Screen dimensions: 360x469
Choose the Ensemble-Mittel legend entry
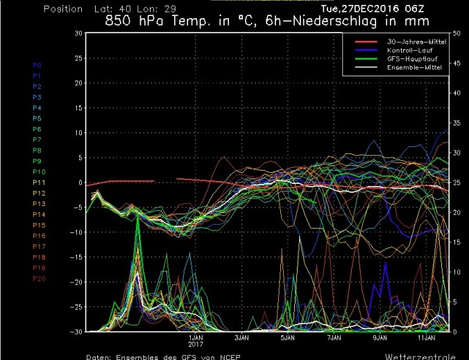tap(407, 69)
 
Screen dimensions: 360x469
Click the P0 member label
tap(18, 65)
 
